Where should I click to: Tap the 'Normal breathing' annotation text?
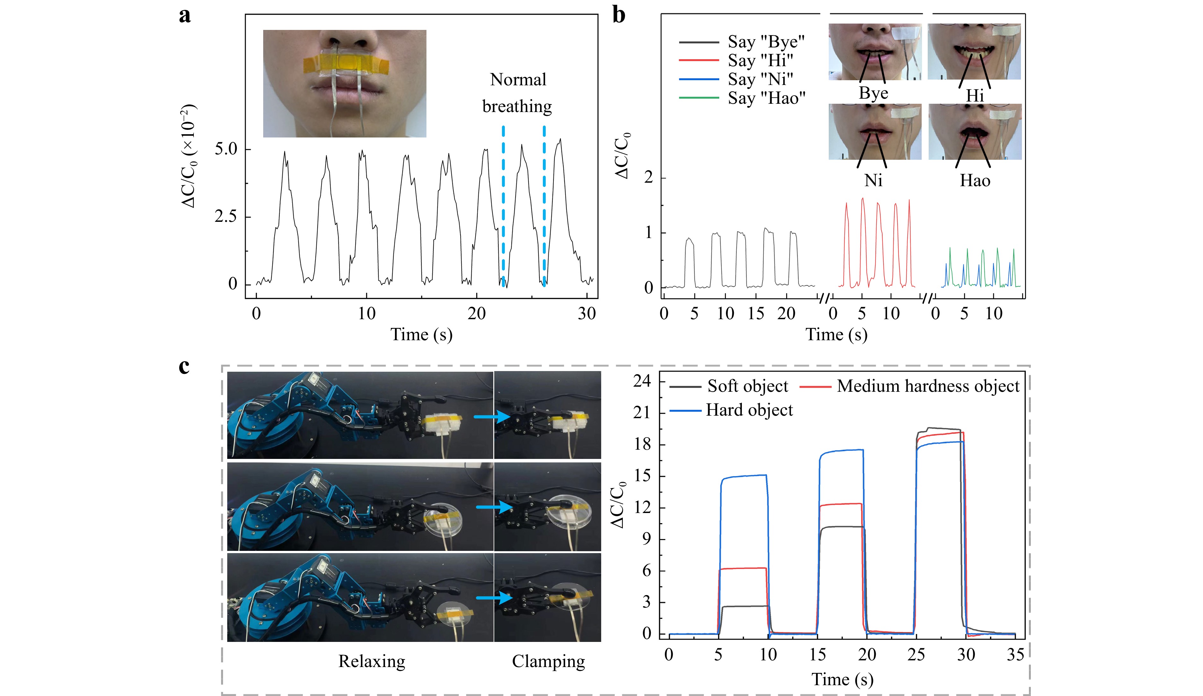(517, 93)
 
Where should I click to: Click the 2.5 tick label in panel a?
(226, 216)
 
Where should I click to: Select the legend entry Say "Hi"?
(736, 60)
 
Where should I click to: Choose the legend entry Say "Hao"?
(742, 98)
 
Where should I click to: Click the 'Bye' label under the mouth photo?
(874, 93)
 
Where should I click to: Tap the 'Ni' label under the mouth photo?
(873, 180)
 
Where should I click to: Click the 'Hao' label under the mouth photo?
(975, 180)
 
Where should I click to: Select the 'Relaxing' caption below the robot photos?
(372, 662)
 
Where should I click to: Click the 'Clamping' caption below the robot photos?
(549, 662)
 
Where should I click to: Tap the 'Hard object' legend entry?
(731, 410)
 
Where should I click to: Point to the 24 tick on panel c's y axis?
(642, 381)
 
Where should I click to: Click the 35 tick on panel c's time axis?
(1015, 654)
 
